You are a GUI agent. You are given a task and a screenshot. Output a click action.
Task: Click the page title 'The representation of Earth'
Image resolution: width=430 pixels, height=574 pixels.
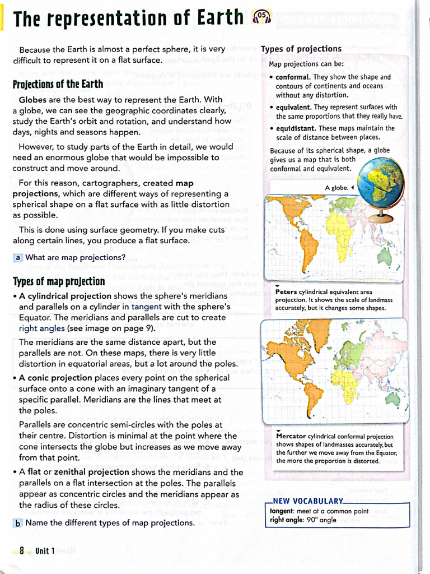click(128, 18)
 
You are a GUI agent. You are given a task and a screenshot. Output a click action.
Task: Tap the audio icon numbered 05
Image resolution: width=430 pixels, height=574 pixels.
click(261, 18)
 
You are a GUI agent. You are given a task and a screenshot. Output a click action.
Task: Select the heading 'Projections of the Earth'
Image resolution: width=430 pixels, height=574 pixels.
click(58, 84)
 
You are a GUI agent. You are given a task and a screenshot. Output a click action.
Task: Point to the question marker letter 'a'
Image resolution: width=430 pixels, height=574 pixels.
click(18, 257)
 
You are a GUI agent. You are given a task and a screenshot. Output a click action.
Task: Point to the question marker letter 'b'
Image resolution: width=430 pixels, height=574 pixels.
click(18, 523)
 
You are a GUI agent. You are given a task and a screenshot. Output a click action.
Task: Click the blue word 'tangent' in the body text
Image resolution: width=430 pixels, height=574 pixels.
click(146, 307)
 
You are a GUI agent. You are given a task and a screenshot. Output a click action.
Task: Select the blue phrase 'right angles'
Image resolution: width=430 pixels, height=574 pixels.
click(42, 328)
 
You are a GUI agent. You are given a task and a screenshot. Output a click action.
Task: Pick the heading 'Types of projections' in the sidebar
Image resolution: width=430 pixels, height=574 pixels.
click(301, 49)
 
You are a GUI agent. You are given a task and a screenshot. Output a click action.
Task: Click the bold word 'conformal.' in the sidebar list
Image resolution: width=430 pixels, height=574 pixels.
click(293, 77)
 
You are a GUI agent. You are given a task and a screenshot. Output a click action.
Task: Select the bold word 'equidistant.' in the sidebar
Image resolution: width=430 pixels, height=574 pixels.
click(296, 128)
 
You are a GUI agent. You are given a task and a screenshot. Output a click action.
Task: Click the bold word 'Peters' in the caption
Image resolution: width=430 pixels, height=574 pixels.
click(286, 291)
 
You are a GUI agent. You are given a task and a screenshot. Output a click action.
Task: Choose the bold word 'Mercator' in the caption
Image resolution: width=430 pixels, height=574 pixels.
click(291, 436)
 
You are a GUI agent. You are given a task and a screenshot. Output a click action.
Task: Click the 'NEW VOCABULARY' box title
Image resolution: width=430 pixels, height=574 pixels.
click(307, 501)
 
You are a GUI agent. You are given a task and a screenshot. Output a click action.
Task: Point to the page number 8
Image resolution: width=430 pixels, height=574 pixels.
click(22, 550)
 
